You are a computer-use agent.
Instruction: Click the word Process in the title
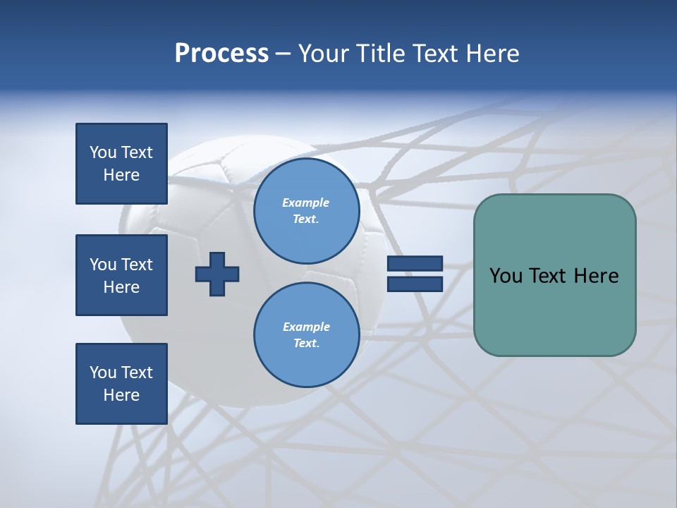pos(221,54)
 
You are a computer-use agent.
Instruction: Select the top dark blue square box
pos(121,164)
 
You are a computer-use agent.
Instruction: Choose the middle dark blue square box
pos(121,275)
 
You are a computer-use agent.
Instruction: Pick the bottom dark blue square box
pos(121,384)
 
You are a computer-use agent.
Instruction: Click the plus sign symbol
pos(217,274)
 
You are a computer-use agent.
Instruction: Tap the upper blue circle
pos(306,210)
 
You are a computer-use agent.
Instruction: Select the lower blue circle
pos(306,335)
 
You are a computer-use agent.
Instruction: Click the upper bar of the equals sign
pos(415,264)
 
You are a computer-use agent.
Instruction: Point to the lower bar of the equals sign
pos(415,284)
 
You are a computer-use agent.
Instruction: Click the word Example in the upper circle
pos(305,202)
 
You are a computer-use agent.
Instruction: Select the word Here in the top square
pos(121,175)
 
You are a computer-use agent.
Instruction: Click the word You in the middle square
pos(103,265)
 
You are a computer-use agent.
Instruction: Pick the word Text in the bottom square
pos(136,373)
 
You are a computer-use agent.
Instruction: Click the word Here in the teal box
pos(596,276)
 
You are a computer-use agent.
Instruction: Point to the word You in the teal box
pos(506,276)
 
